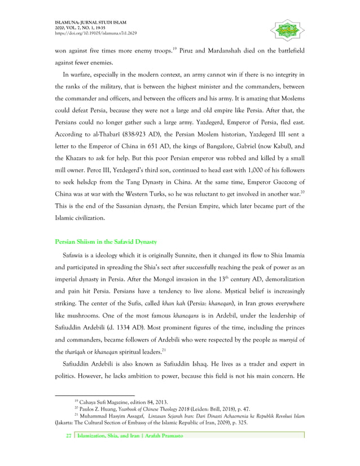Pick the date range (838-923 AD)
pos(146,135)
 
